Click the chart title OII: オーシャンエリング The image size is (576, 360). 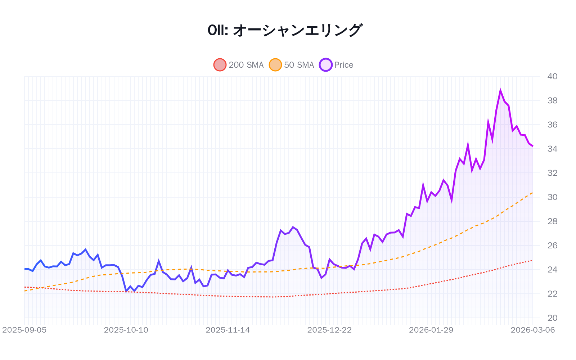tap(285, 30)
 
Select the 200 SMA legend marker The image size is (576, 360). tap(220, 65)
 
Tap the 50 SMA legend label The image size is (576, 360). tap(299, 65)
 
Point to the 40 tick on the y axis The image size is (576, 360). tap(552, 76)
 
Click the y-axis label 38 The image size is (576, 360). tap(552, 100)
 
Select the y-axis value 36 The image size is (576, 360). tap(552, 125)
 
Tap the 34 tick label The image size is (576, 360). tap(552, 149)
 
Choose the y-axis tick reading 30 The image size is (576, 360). tap(552, 197)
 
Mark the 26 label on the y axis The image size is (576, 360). tap(552, 246)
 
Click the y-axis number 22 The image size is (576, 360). tap(552, 294)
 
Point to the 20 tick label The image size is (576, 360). tap(552, 318)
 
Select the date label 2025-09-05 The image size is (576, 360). tap(24, 330)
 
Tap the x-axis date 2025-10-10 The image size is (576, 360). tap(126, 330)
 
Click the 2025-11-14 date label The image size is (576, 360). tap(228, 330)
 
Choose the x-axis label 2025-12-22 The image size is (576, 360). tap(329, 330)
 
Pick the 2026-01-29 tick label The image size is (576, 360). tap(431, 330)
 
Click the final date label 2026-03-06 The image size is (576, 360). tap(533, 330)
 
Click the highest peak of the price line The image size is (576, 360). tap(500, 90)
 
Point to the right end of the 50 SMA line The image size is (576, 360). tap(533, 193)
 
